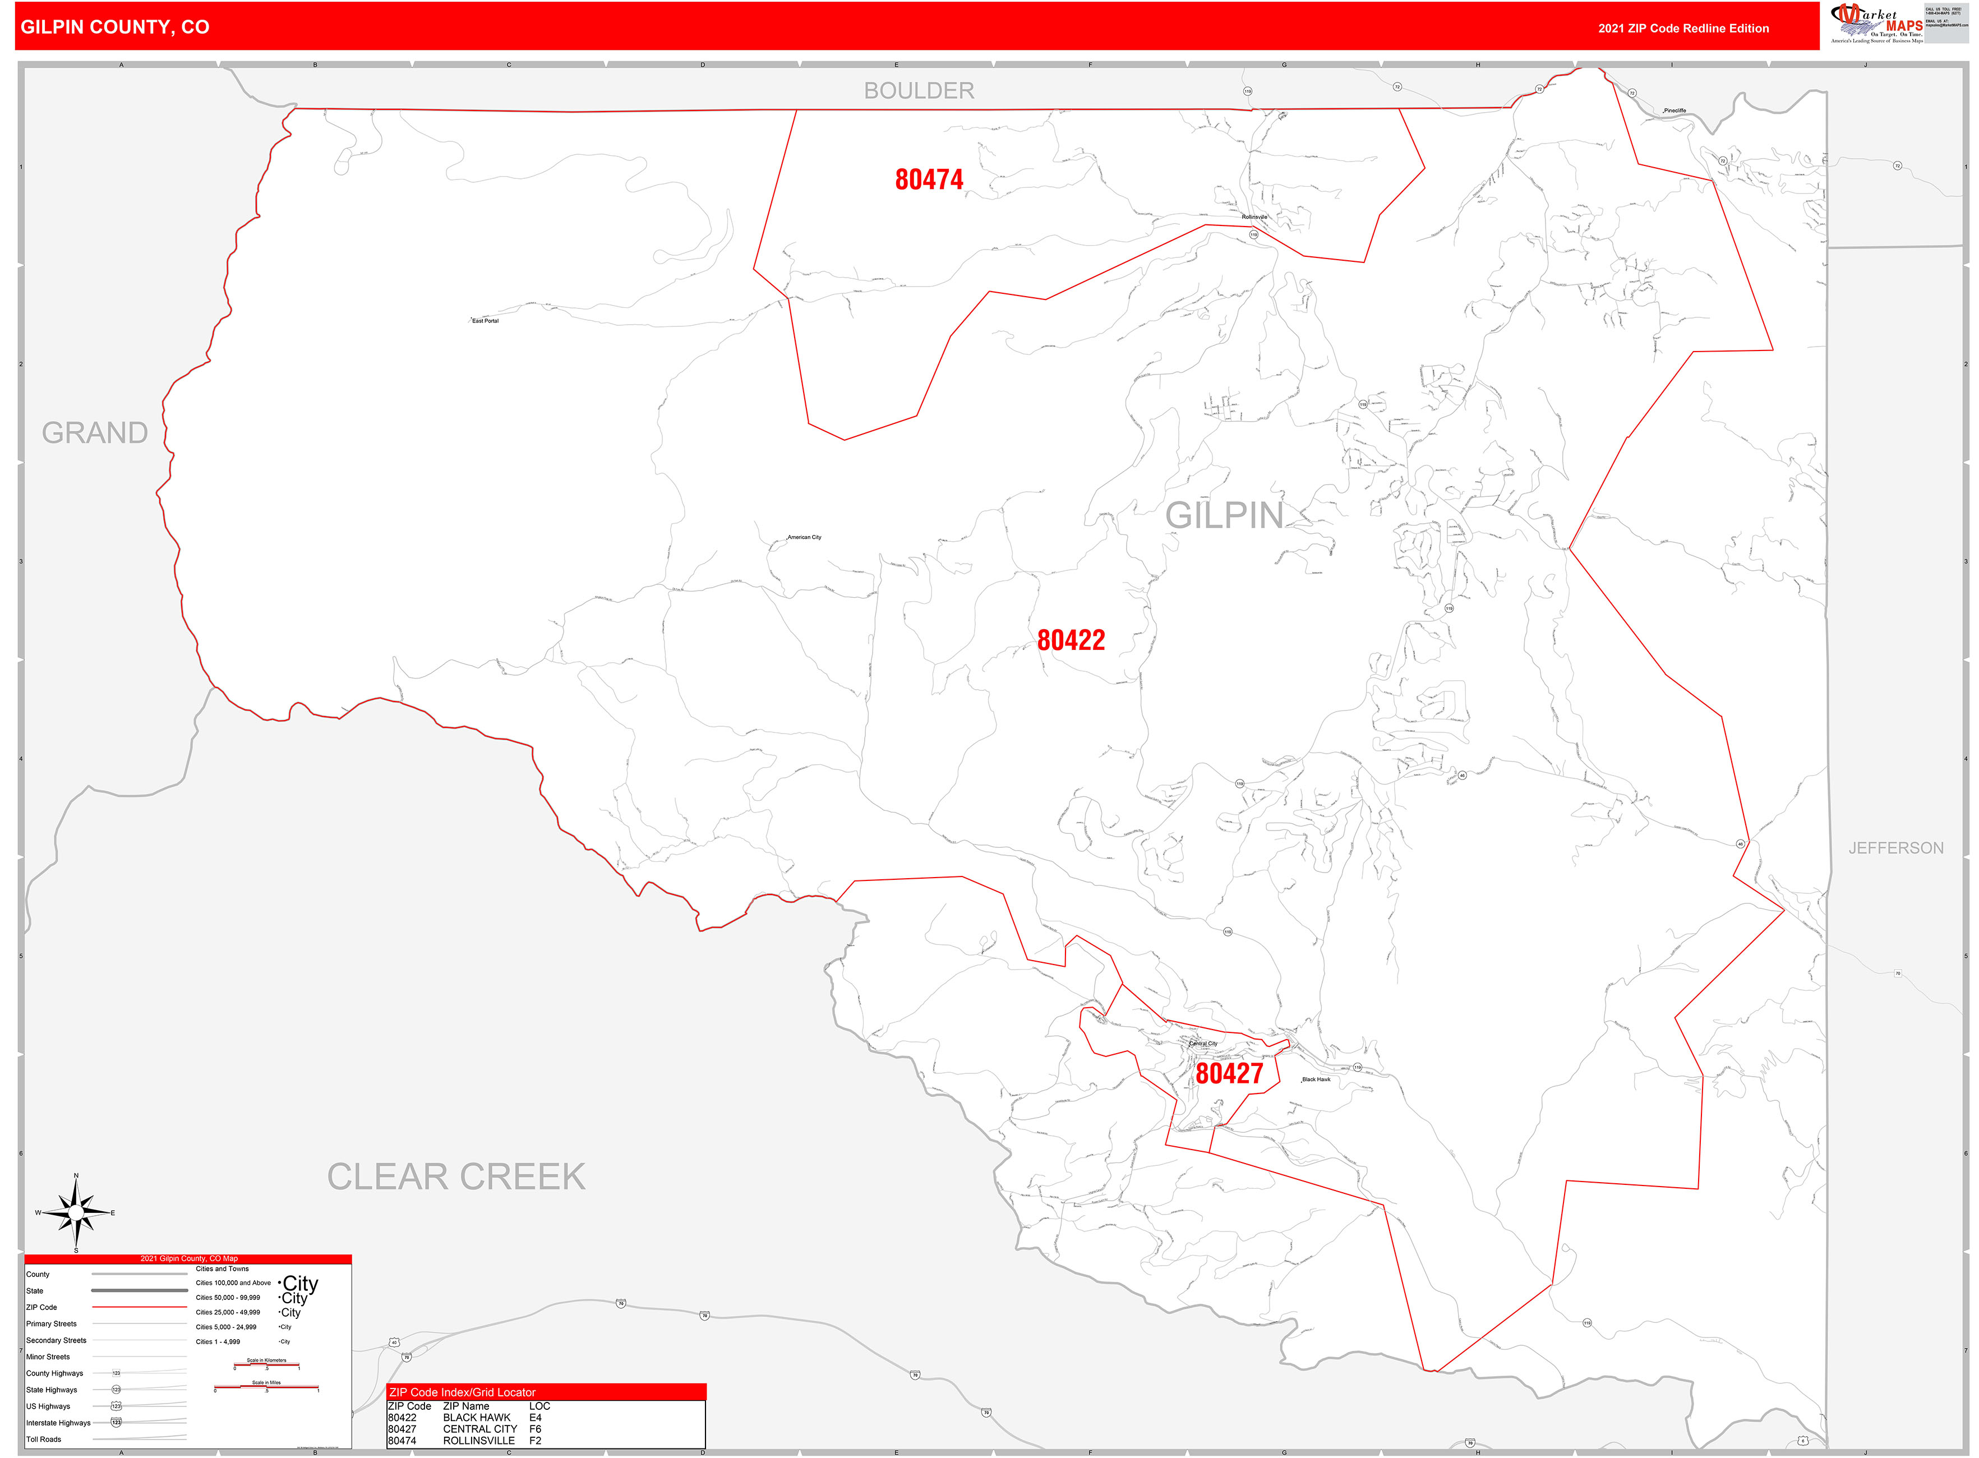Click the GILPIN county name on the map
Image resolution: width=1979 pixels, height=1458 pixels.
(x=1224, y=515)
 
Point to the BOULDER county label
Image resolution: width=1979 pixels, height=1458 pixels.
(x=919, y=91)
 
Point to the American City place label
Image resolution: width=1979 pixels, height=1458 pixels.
(x=804, y=537)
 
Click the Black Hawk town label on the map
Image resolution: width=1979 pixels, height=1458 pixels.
(x=1316, y=1079)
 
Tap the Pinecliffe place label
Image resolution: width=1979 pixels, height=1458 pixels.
(x=1674, y=111)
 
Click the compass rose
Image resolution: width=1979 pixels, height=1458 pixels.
(x=76, y=1214)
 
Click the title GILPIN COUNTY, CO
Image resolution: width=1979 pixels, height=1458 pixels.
(x=115, y=27)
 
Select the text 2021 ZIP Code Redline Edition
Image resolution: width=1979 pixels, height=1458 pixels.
(x=1683, y=28)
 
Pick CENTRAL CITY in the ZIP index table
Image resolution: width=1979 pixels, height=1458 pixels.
(x=479, y=1429)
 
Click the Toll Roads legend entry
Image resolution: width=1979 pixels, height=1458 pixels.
(x=44, y=1439)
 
